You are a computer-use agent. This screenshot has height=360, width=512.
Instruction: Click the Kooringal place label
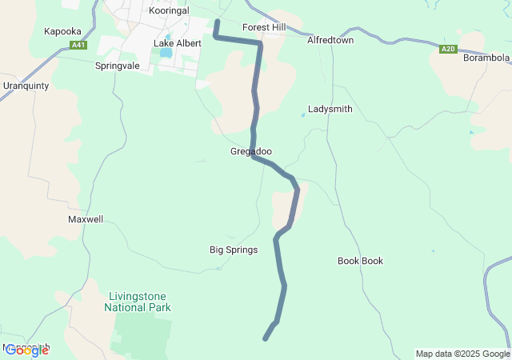coord(170,11)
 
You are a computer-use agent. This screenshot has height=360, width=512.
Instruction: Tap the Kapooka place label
coord(62,31)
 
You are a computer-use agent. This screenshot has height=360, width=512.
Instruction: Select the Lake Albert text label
coord(178,43)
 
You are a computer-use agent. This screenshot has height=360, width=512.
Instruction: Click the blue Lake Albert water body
coord(166,54)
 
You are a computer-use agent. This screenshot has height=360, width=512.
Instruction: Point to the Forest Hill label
coord(264,26)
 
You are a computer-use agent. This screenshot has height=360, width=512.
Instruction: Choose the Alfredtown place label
coord(330,38)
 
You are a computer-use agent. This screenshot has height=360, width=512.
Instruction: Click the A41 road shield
coord(78,46)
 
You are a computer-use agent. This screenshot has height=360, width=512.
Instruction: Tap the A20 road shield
coord(448,50)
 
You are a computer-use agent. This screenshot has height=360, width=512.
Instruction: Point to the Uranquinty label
coord(26,86)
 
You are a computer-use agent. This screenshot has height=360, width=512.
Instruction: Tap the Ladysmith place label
coord(330,109)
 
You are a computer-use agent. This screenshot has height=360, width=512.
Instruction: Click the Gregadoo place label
coord(250,151)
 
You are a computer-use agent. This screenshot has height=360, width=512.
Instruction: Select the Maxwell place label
coord(86,218)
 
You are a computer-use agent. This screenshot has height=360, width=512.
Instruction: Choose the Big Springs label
coord(234,250)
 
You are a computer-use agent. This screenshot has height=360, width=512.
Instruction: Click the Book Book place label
coord(360,261)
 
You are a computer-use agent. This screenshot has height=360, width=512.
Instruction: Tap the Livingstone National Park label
coord(138,302)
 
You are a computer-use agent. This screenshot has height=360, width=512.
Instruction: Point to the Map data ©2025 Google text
coord(462,354)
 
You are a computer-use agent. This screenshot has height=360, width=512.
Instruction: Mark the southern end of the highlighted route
coord(266,338)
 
